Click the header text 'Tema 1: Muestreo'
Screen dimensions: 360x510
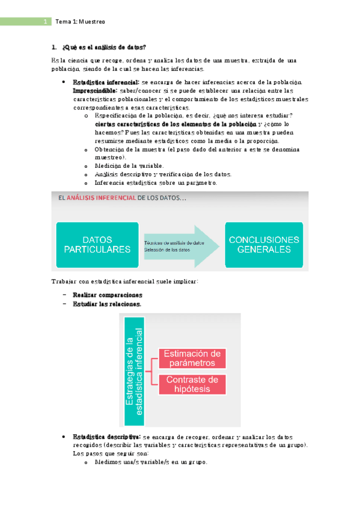point(80,22)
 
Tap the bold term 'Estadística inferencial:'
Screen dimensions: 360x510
point(106,82)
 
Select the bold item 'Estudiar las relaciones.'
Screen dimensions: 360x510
point(107,304)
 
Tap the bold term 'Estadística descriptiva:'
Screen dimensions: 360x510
point(106,437)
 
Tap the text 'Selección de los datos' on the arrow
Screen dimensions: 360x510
point(167,250)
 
